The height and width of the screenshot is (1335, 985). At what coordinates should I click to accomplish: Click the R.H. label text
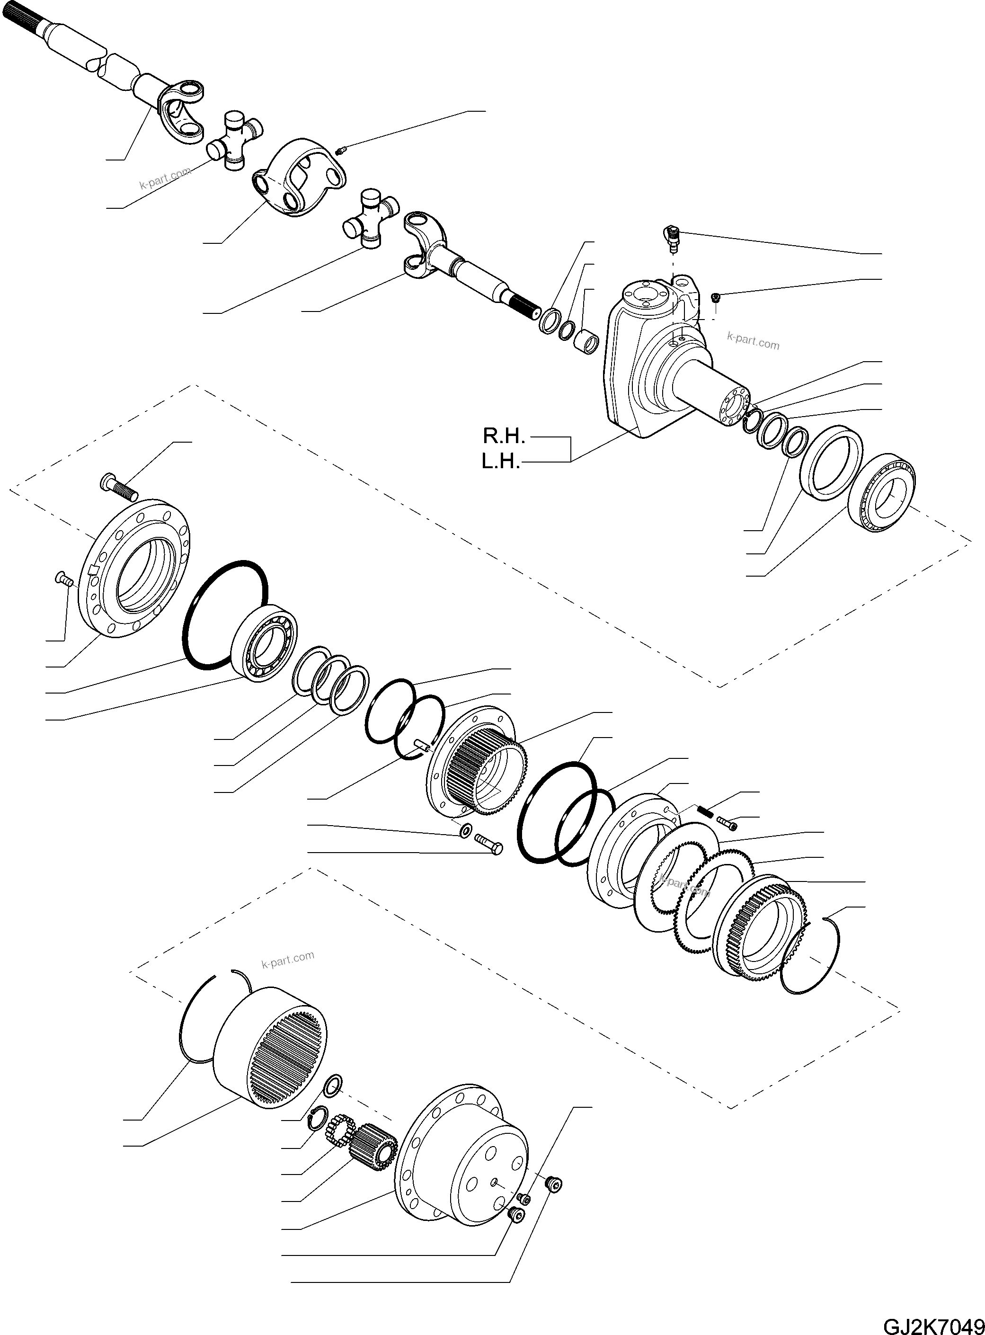(x=503, y=436)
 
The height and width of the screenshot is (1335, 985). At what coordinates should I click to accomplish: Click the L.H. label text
(x=501, y=462)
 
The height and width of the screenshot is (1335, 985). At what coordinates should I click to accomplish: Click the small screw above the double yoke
(x=342, y=150)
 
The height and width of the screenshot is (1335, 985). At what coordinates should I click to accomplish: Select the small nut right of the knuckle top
(x=716, y=297)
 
